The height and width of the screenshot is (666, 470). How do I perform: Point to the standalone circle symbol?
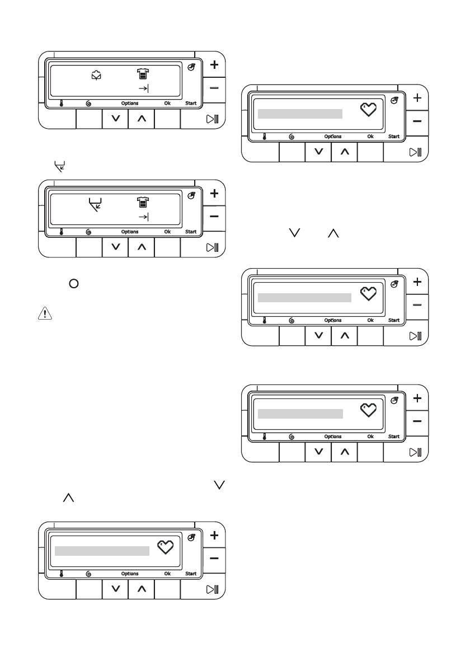(73, 284)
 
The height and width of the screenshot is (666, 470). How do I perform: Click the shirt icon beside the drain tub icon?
(144, 202)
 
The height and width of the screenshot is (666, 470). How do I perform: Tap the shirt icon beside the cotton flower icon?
(144, 74)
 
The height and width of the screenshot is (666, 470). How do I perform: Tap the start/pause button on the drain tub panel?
(213, 247)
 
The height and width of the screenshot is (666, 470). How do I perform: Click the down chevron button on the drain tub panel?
(116, 247)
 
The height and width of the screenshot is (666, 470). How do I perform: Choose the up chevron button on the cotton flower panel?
(142, 119)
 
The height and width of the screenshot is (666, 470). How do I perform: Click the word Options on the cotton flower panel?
(130, 104)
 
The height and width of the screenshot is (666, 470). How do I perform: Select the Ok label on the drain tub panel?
(167, 232)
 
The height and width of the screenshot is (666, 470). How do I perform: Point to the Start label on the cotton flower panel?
(191, 104)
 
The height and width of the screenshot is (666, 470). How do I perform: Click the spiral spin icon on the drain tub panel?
(88, 232)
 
